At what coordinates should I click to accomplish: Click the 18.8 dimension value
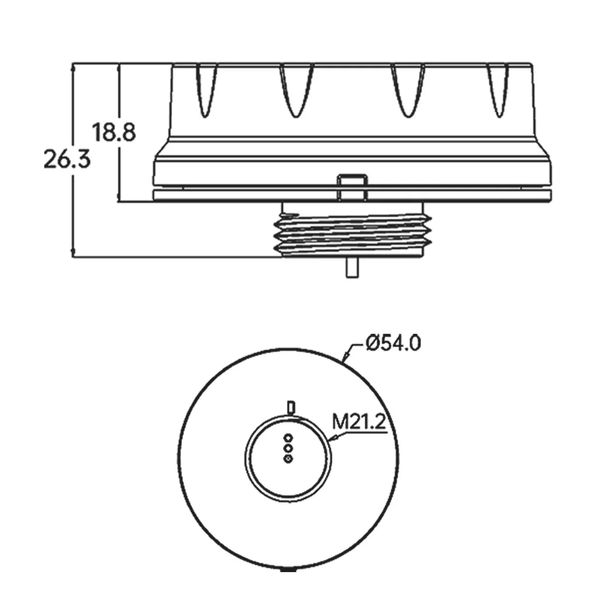pos(114,133)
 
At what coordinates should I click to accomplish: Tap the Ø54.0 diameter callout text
pos(392,343)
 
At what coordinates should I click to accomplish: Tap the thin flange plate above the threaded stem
pos(352,196)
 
